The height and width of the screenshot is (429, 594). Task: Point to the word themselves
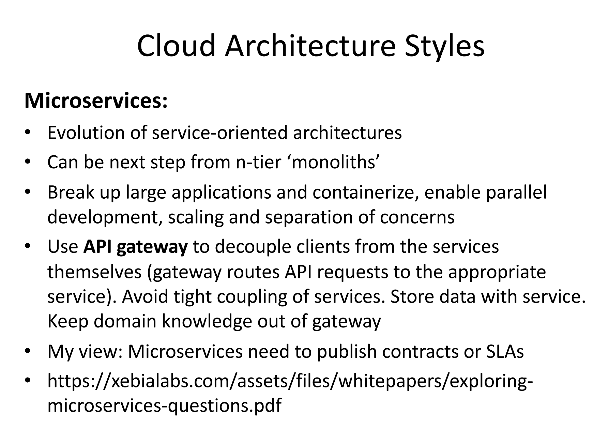coord(94,272)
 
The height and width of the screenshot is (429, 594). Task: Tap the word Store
coord(412,296)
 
